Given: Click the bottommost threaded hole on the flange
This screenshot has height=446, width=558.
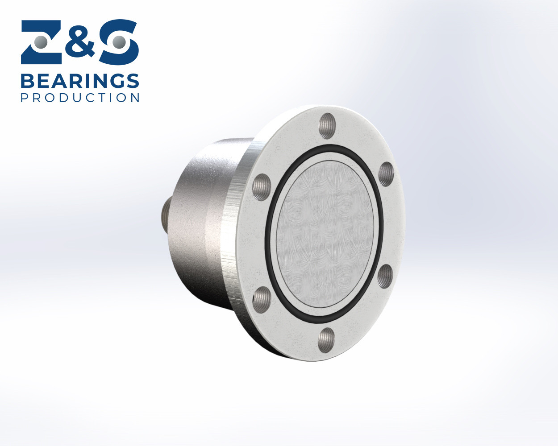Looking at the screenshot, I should click(x=327, y=340).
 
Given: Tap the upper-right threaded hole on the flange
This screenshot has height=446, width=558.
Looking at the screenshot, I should click(x=386, y=174).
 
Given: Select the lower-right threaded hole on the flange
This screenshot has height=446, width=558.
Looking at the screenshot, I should click(x=385, y=277).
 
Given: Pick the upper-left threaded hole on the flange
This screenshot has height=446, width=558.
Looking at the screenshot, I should click(x=262, y=187).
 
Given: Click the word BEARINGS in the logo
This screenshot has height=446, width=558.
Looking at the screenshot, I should click(x=80, y=81).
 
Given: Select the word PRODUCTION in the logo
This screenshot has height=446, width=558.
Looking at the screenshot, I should click(x=80, y=97).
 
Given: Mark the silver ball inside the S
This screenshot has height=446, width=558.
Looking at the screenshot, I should click(x=119, y=42).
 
